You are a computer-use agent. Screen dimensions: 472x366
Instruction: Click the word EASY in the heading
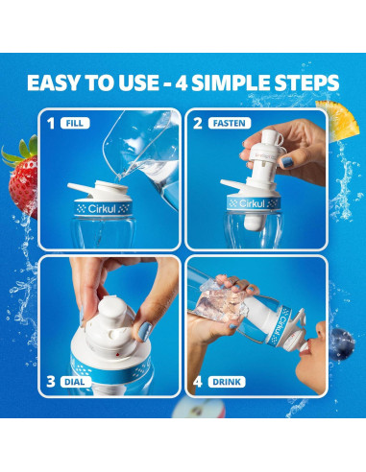pyautogui.click(x=60, y=83)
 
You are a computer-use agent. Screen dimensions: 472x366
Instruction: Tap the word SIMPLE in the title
pyautogui.click(x=236, y=83)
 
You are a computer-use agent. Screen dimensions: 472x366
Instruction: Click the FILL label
pyautogui.click(x=73, y=124)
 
